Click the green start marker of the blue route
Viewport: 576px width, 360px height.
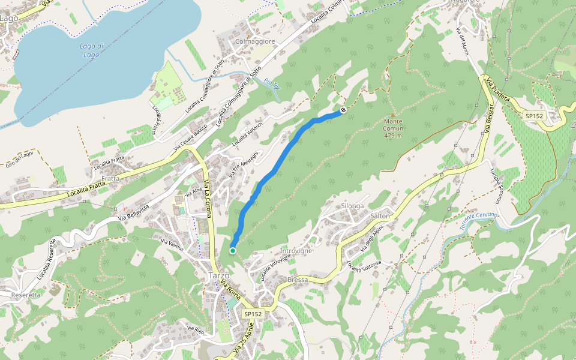(x=232, y=251)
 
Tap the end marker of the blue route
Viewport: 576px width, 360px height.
(x=343, y=110)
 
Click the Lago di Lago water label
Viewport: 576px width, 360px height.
(x=92, y=50)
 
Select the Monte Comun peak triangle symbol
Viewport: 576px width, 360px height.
(x=393, y=115)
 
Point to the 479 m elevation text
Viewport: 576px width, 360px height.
(x=393, y=136)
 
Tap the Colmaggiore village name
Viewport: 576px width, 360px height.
(x=256, y=41)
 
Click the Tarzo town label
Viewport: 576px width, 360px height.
(x=218, y=275)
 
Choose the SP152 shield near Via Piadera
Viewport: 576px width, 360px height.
(x=533, y=116)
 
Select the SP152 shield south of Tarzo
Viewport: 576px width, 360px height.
(x=253, y=314)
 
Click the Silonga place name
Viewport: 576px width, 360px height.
(x=352, y=206)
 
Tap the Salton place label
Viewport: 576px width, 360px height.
(x=380, y=215)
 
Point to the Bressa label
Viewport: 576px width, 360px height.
(x=298, y=280)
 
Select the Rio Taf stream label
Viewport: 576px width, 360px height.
(x=272, y=85)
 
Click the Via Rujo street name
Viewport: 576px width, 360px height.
(x=196, y=329)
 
